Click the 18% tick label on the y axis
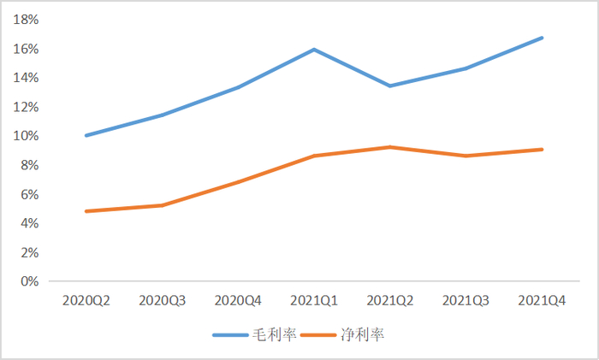coord(27,20)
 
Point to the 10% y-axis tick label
coord(27,136)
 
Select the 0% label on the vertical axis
coord(30,281)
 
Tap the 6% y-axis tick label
coord(30,194)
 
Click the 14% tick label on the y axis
coord(27,78)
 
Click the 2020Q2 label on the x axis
coord(86,301)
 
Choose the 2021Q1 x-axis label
coord(314,301)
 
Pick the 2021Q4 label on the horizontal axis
coord(543,301)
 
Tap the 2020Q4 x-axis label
coord(238,301)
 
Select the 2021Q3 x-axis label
coord(466,301)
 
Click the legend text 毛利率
coord(274,334)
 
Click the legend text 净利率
coord(363,334)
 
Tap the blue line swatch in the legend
coord(231,334)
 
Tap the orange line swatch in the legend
coord(320,334)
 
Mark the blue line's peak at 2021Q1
coord(314,50)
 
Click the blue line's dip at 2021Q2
coord(390,86)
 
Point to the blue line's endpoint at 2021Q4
coord(543,38)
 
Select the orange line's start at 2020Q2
coord(86,211)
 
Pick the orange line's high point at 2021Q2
coord(390,147)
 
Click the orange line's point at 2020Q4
coord(238,181)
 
